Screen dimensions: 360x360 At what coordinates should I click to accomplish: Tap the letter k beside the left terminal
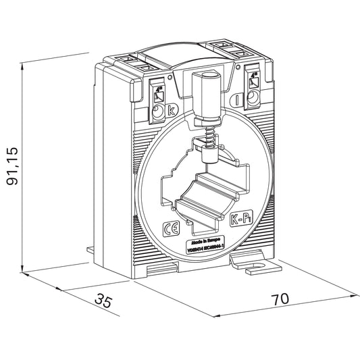(x=171, y=108)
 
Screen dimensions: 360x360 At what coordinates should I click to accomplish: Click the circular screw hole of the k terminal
(x=158, y=111)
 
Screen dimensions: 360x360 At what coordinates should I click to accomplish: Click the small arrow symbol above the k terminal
(x=158, y=93)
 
